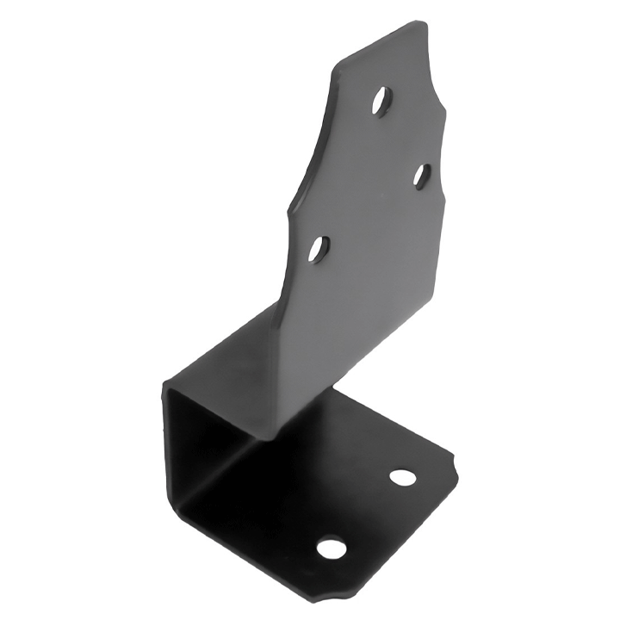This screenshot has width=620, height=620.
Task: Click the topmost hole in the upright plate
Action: coord(380,102)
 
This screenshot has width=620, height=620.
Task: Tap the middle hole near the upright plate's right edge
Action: coord(421,177)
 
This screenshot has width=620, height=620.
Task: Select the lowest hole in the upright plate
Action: coord(319,250)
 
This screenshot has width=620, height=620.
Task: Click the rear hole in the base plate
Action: coord(402,476)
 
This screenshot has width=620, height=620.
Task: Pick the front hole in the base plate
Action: coord(331,548)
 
